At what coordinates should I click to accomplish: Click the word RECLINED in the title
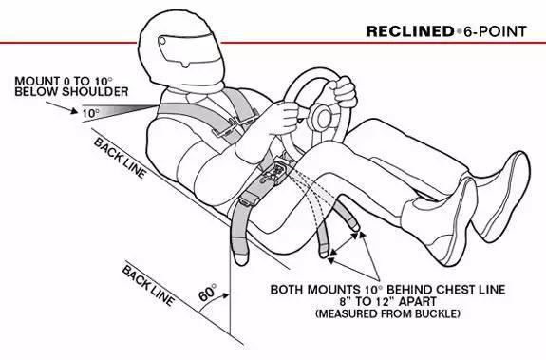pyautogui.click(x=410, y=31)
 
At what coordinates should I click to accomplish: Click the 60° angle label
pyautogui.click(x=208, y=293)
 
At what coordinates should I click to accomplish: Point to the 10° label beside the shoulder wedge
pyautogui.click(x=91, y=113)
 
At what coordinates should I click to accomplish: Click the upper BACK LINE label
pyautogui.click(x=120, y=158)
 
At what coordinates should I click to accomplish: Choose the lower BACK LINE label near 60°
pyautogui.click(x=148, y=286)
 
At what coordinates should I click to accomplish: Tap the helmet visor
pyautogui.click(x=187, y=49)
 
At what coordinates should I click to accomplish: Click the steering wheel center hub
pyautogui.click(x=322, y=118)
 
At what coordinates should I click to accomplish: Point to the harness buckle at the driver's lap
pyautogui.click(x=276, y=172)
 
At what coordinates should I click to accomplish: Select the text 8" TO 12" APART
pyautogui.click(x=388, y=301)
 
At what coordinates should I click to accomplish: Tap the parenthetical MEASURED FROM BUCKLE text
pyautogui.click(x=388, y=313)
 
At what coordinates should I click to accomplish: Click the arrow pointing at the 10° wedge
pyautogui.click(x=62, y=107)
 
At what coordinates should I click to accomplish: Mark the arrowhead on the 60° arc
pyautogui.click(x=226, y=295)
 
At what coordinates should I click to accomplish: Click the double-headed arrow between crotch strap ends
pyautogui.click(x=344, y=244)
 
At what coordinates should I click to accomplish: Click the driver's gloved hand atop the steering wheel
pyautogui.click(x=343, y=91)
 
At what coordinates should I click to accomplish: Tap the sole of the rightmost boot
pyautogui.click(x=508, y=203)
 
